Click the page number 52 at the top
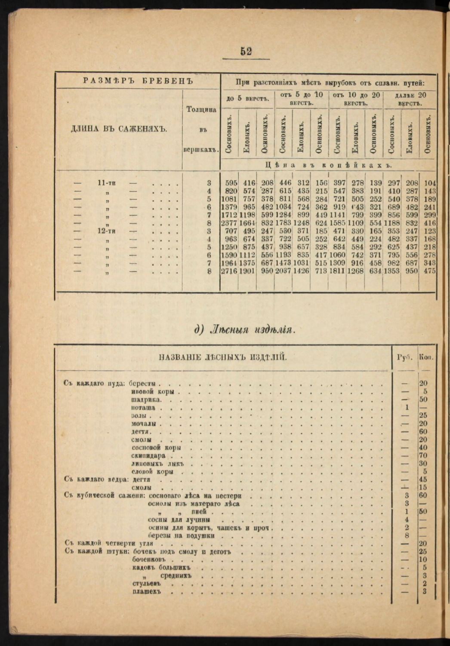246,51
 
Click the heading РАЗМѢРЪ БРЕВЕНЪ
138,80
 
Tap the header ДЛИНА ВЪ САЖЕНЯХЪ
119,128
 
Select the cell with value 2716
229,271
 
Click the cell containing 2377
229,223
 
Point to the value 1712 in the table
229,215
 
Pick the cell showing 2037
283,271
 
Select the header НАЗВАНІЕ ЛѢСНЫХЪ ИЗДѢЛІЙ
223,357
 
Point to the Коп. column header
426,357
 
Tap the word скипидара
148,455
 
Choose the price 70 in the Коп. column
423,455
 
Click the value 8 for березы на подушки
407,535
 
